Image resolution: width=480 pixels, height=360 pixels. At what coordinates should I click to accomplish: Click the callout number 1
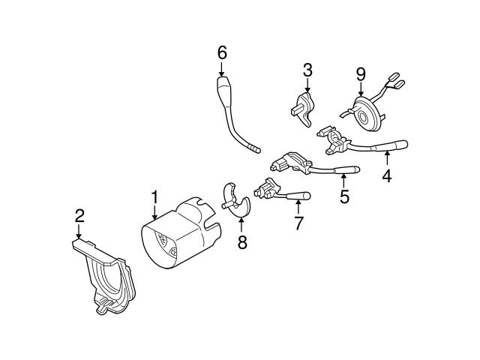(x=154, y=198)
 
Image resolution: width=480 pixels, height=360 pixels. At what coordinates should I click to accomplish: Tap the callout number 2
(x=79, y=216)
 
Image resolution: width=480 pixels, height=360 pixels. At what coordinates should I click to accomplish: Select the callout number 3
(x=307, y=71)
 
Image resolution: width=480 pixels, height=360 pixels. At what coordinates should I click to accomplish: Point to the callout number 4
(x=387, y=177)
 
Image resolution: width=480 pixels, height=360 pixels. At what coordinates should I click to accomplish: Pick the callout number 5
(x=344, y=197)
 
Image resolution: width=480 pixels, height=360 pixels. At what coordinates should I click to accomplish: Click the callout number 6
(x=221, y=52)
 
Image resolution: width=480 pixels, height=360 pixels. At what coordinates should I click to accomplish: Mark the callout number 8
(x=241, y=241)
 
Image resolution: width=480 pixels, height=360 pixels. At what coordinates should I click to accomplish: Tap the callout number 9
(x=361, y=73)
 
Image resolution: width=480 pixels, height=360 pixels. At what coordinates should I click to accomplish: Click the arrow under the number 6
(x=221, y=68)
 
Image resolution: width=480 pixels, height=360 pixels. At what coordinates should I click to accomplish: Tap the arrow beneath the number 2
(x=79, y=232)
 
